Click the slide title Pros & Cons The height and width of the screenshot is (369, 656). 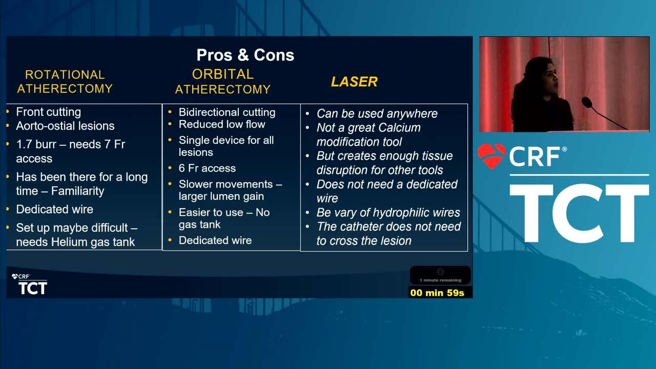pyautogui.click(x=245, y=55)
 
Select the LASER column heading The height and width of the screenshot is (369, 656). pyautogui.click(x=354, y=81)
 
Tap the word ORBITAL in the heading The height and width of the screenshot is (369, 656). pyautogui.click(x=223, y=74)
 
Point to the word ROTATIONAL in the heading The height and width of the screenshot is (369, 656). pyautogui.click(x=65, y=75)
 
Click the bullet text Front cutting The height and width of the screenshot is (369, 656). pyautogui.click(x=49, y=112)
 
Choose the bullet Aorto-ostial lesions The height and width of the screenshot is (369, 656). pyautogui.click(x=65, y=126)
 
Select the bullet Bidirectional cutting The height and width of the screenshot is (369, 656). pyautogui.click(x=227, y=112)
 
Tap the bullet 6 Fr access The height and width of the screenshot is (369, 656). pyautogui.click(x=207, y=168)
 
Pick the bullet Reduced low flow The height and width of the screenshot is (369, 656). pyautogui.click(x=222, y=124)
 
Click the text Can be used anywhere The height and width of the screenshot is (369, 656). pyautogui.click(x=377, y=114)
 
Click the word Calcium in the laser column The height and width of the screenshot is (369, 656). pyautogui.click(x=399, y=128)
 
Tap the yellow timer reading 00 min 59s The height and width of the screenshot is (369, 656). pyautogui.click(x=437, y=293)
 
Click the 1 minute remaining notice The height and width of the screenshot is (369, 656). pyautogui.click(x=440, y=280)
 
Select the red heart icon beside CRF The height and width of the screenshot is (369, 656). pyautogui.click(x=491, y=155)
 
